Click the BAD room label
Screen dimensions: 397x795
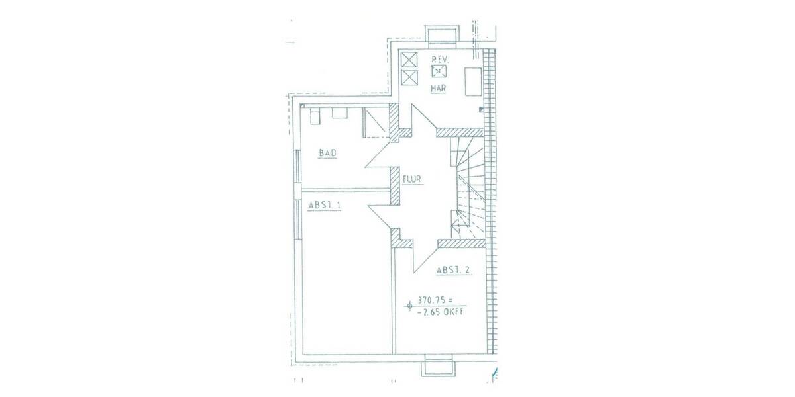point(328,154)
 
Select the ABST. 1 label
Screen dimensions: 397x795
point(324,206)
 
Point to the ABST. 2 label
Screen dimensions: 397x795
point(452,270)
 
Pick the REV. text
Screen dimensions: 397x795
point(441,60)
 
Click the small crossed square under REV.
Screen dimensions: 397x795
point(439,71)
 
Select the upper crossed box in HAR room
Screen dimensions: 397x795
point(409,59)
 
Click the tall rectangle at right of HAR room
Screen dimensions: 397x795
point(472,82)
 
